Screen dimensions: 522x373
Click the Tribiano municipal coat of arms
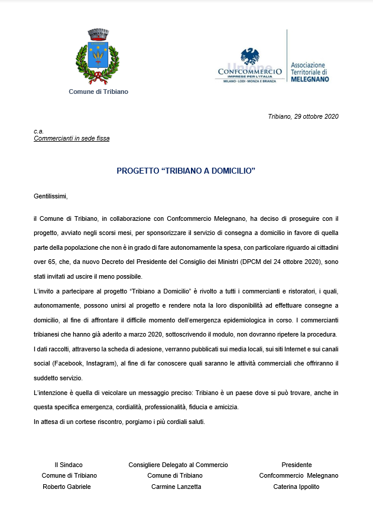98,57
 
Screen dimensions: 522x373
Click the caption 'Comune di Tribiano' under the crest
98,92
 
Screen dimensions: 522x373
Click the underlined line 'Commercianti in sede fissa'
72,139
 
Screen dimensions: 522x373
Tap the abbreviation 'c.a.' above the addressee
39,131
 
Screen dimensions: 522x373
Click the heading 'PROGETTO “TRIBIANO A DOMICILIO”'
186,171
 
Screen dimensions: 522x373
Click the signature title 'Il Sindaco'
69,465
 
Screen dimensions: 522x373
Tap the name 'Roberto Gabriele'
67,487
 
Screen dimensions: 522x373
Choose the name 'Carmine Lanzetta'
176,487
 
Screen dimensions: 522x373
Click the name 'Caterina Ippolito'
296,487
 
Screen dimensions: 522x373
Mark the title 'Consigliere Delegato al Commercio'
178,465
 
